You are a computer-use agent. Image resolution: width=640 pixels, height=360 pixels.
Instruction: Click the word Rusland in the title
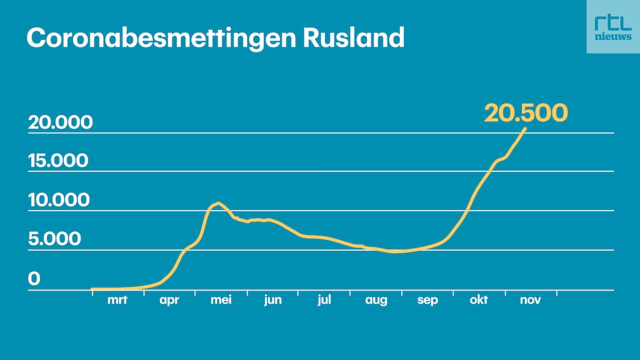point(354,37)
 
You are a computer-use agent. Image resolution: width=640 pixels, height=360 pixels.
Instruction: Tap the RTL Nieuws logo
point(612,27)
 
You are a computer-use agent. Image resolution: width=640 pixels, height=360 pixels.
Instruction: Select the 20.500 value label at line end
point(526,112)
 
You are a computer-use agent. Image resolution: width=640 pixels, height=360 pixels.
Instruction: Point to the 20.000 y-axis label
point(60,122)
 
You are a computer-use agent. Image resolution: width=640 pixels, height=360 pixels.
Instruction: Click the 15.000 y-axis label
point(59,161)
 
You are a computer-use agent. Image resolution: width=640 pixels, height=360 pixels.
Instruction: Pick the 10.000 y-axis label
point(59,201)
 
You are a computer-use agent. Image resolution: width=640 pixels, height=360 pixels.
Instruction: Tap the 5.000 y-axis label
point(54,239)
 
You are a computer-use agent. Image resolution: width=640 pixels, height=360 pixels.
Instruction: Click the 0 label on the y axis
point(34,279)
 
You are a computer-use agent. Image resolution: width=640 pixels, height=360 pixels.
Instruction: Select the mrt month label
point(117,301)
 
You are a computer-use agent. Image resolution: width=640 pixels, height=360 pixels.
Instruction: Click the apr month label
point(169,301)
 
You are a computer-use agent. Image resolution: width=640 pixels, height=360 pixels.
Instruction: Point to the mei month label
point(221,301)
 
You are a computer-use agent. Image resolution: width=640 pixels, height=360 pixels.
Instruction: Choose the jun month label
point(272,301)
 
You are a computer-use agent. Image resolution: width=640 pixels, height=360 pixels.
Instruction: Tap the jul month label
point(324,301)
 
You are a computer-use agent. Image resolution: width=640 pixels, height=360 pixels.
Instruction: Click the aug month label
point(376,301)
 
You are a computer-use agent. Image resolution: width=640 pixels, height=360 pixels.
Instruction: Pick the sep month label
point(427,301)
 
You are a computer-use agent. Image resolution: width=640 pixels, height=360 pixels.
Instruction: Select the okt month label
point(479,301)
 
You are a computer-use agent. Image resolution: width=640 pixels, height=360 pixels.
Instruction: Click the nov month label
point(530,301)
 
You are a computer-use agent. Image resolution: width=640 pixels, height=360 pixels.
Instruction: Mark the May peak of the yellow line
point(217,203)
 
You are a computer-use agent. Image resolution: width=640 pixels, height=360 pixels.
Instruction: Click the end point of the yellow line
point(525,129)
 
